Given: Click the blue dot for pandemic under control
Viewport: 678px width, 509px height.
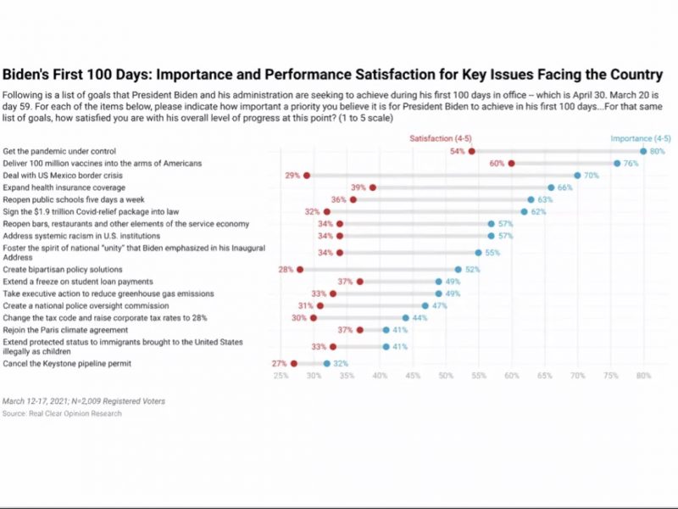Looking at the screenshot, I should (x=643, y=151).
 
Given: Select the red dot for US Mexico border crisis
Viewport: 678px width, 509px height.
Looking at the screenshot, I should (x=307, y=175).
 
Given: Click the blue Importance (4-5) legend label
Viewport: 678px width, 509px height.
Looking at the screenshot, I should (x=641, y=137).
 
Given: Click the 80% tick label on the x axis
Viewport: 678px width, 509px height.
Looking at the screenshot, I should (x=643, y=375).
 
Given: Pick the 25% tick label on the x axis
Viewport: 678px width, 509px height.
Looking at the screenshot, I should (x=281, y=375).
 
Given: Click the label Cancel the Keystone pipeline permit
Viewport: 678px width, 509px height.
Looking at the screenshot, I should (x=66, y=363).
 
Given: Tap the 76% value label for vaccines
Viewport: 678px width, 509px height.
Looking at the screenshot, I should (x=631, y=163).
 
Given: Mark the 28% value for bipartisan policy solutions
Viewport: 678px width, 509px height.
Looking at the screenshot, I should (x=286, y=269).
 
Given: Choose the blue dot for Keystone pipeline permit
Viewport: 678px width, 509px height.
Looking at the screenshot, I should (x=326, y=363).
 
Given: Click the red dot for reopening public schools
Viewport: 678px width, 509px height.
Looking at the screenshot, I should (x=353, y=199).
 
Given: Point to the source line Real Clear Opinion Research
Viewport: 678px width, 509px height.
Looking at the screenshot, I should (x=62, y=414).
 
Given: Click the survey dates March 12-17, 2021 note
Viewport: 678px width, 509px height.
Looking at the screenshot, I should (x=84, y=401).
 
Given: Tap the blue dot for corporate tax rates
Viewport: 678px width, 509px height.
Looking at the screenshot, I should (x=406, y=317).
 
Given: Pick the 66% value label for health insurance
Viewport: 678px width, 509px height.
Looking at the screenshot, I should (x=565, y=187).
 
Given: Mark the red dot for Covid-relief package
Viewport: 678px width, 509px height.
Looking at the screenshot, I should (x=326, y=211).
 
